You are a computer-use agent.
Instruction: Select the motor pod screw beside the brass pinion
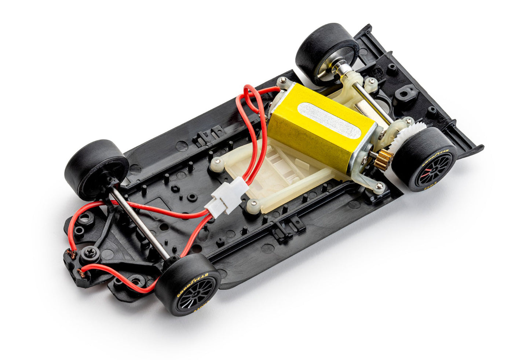point(380,187)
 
